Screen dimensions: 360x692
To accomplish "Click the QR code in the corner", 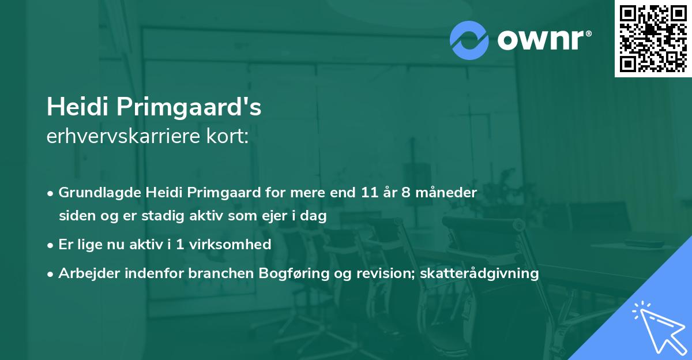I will click(653, 39).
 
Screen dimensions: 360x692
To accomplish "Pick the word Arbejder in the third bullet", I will click(84, 273).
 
